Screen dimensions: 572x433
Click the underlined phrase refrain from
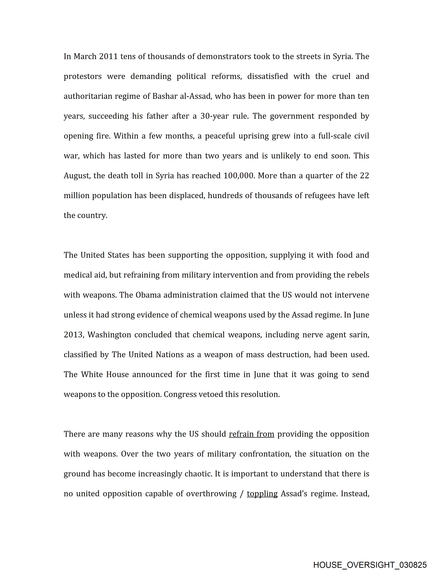click(251, 434)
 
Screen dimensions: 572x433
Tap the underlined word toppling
click(262, 494)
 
